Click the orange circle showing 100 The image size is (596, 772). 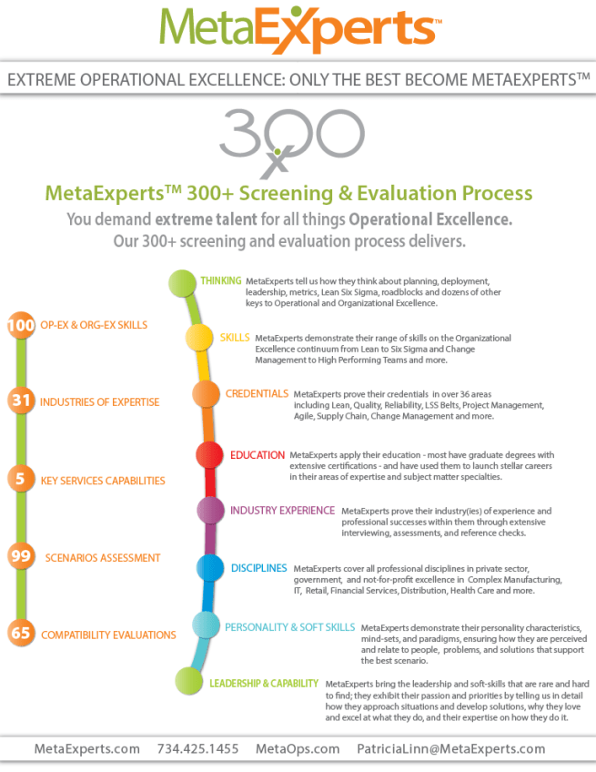coord(19,325)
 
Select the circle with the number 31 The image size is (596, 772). coord(20,401)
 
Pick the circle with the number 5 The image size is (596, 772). coord(20,479)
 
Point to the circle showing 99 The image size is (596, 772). coord(20,556)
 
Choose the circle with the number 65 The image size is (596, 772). coord(20,634)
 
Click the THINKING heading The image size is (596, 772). coord(221,281)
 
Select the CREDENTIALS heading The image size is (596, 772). coord(257,393)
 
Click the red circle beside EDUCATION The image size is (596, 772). coord(209,454)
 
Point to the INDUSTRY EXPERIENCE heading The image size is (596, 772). coord(282,510)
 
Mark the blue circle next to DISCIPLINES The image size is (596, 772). coord(211,569)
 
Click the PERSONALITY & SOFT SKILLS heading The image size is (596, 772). coord(290,626)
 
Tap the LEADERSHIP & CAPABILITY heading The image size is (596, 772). coord(264,683)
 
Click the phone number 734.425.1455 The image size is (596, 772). coord(197,748)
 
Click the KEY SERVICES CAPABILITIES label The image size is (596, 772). coord(103,479)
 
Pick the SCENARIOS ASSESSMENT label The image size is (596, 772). coord(103,557)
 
